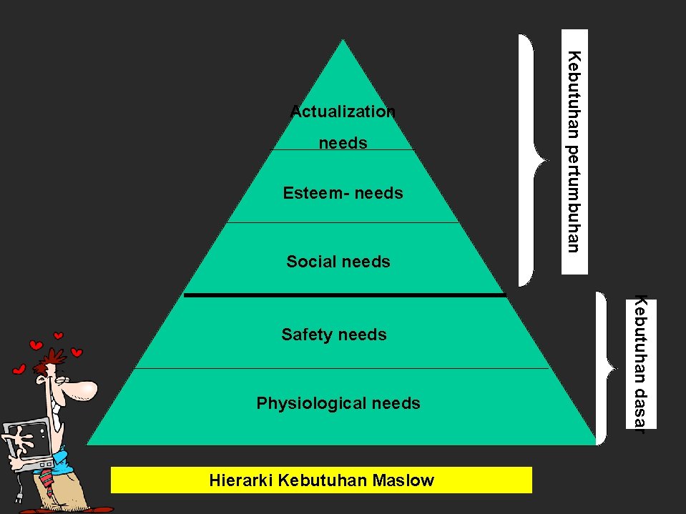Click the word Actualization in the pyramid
pos(343,112)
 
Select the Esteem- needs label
pos(343,193)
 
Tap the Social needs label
pos(338,262)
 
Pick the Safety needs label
pos(334,335)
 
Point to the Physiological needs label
pos(338,403)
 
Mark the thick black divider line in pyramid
pos(344,295)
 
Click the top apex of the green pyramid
pos(343,41)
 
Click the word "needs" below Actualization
pos(343,143)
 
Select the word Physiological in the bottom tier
pos(312,403)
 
